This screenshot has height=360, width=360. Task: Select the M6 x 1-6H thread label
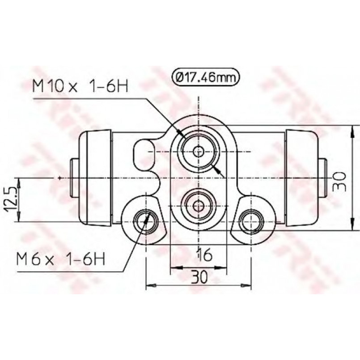tap(61, 258)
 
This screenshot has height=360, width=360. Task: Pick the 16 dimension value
tap(205, 254)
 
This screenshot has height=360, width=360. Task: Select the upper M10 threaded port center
tap(199, 152)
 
